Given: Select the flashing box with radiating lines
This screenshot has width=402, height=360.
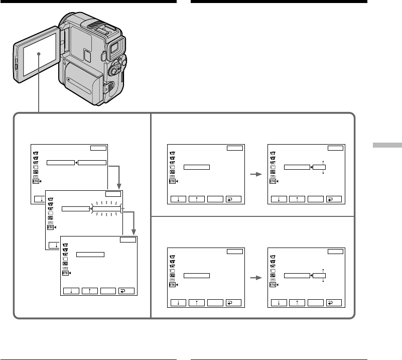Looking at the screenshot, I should coord(106,208).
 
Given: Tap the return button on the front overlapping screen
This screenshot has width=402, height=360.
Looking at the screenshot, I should coord(123,290).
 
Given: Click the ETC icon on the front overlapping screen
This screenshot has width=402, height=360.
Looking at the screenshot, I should coord(65,274).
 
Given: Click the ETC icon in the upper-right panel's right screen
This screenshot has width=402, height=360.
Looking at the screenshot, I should coord(273,182).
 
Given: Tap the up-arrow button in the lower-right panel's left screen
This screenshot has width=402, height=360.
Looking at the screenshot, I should coord(196,302).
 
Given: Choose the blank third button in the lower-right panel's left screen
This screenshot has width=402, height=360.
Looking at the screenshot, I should coord(215,302).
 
